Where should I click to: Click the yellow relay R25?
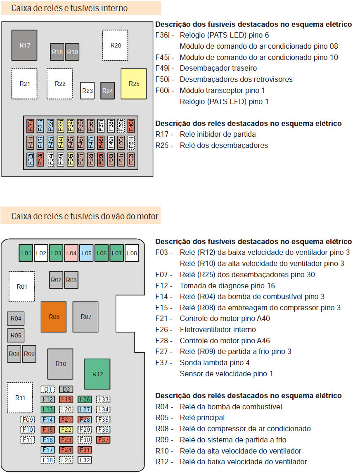pos(134,84)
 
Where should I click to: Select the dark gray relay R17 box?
pos(25,45)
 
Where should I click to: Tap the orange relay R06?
pos(54,317)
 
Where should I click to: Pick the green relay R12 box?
pos(97,374)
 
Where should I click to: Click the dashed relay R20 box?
pos(115,45)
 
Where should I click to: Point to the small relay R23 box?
pos(88,91)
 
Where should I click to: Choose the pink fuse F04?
pos(71,253)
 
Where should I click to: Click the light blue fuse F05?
pos(86,253)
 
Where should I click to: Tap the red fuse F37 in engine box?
pos(103,439)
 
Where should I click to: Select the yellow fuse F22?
pos(66,430)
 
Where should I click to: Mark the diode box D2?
pos(66,389)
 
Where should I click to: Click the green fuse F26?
pos(85,399)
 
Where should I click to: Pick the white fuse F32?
pos(85,460)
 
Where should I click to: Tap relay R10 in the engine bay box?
pos(61,364)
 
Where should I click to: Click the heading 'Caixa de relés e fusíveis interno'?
pos(69,8)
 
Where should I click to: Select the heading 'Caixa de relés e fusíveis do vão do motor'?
pos(85,216)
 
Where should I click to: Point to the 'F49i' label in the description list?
pos(164,68)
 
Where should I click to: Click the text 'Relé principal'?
pos(202,418)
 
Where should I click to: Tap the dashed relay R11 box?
pos(20,398)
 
